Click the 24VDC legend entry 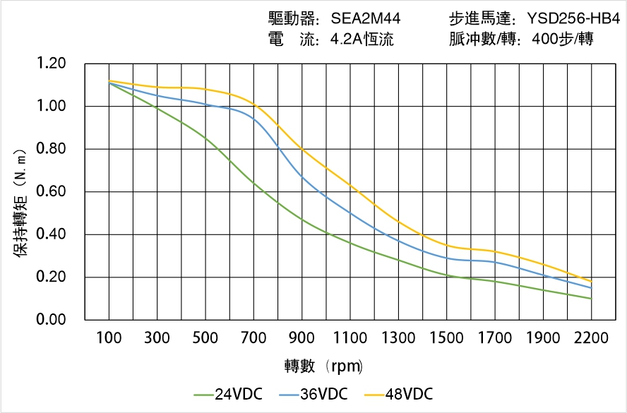click(228, 394)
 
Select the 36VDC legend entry click(314, 394)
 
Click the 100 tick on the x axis click(109, 338)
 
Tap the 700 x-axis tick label click(253, 338)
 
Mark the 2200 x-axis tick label click(591, 338)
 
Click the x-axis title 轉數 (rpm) click(323, 366)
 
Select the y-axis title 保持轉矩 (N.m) click(20, 202)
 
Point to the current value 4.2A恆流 click(362, 40)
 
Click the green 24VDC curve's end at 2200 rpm click(591, 299)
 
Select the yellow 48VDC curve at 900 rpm click(302, 149)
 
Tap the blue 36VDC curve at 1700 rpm click(495, 262)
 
